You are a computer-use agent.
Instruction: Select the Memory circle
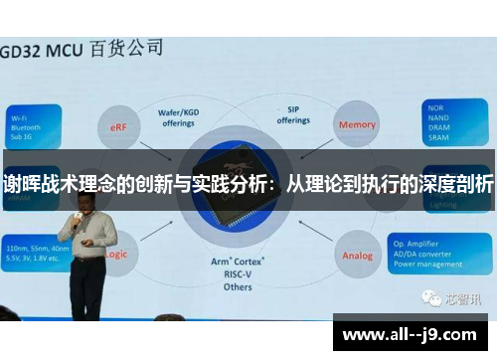coord(358,125)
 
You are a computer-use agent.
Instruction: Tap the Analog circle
coord(358,255)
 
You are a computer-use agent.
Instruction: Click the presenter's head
coord(81,198)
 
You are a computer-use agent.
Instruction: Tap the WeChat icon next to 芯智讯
coord(430,297)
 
